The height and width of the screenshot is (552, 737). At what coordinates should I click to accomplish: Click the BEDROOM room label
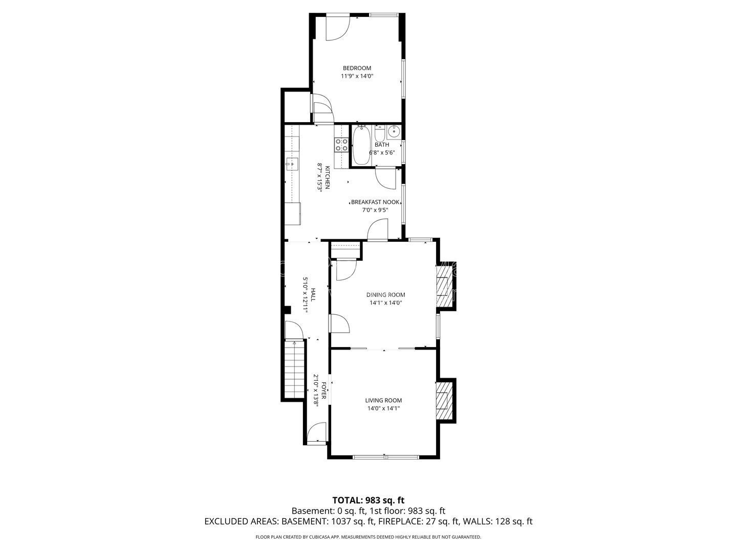[357, 68]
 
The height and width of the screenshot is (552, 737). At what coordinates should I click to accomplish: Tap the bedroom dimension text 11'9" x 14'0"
[357, 76]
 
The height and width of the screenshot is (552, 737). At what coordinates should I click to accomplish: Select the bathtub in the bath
[361, 146]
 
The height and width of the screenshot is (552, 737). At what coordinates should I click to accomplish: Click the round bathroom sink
[394, 132]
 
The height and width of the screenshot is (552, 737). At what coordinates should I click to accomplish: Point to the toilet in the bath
[380, 133]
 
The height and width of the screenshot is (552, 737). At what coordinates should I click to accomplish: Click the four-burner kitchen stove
[341, 145]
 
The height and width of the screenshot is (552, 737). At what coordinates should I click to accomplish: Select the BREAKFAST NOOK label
[375, 202]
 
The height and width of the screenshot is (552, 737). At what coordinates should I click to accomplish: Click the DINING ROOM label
[385, 295]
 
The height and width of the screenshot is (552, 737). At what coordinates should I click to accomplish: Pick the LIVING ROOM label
[383, 400]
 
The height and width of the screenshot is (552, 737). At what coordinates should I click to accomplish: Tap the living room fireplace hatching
[443, 401]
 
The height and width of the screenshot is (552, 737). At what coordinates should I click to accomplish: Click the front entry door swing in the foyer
[316, 432]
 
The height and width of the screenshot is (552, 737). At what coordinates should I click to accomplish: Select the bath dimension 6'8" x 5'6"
[382, 153]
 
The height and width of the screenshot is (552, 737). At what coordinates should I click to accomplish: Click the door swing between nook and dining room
[377, 229]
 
